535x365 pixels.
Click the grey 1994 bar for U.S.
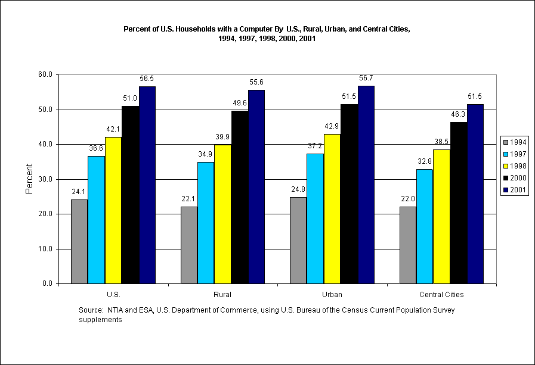(x=79, y=241)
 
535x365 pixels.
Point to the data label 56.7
(x=366, y=78)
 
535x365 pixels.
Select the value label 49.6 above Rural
(x=240, y=102)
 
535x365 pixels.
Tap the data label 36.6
(x=96, y=148)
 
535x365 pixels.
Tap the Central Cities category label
(x=441, y=295)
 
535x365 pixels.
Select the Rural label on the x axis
(x=222, y=295)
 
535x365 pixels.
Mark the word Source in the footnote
(x=91, y=310)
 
